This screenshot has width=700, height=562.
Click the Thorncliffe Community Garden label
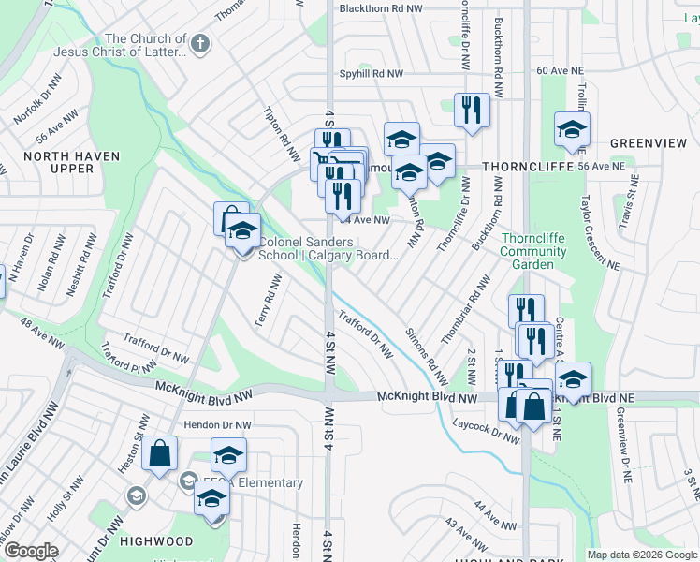(x=532, y=251)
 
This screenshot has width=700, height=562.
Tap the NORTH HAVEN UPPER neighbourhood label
(x=59, y=162)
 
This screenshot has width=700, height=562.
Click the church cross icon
(x=200, y=43)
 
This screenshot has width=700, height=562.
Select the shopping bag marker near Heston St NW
(x=160, y=454)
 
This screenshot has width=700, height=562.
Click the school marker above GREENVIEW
(x=572, y=129)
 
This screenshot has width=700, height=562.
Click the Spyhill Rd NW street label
(x=372, y=73)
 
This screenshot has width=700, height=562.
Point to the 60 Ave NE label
(x=560, y=71)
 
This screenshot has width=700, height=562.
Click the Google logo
(x=31, y=551)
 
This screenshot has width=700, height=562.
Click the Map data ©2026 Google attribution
(x=642, y=555)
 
